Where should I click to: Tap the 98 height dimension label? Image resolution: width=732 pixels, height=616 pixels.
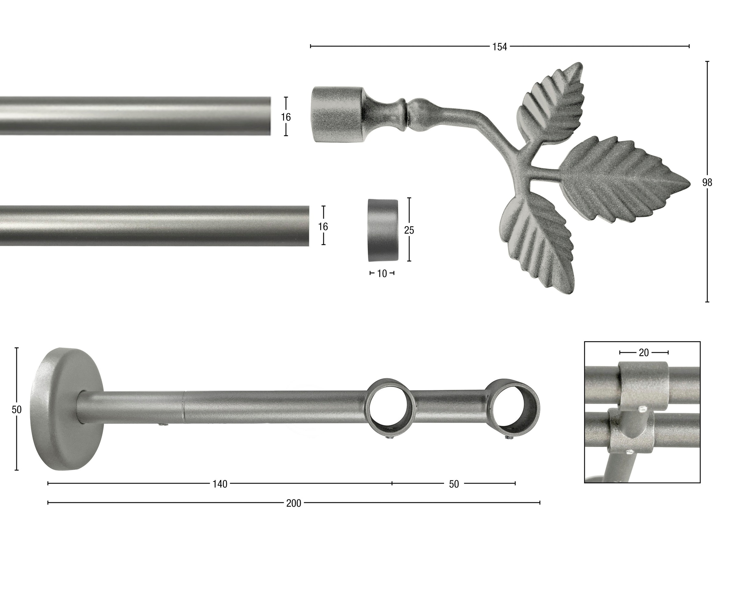pyautogui.click(x=707, y=183)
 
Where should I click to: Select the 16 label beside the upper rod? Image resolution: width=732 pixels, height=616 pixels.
pyautogui.click(x=286, y=117)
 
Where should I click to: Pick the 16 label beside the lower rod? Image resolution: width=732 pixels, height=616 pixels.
pyautogui.click(x=323, y=227)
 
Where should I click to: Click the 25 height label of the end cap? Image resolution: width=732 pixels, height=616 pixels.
pyautogui.click(x=409, y=230)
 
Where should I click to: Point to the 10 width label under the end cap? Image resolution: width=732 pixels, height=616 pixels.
pyautogui.click(x=382, y=274)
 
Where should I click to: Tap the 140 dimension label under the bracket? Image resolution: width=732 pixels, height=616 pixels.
pyautogui.click(x=220, y=484)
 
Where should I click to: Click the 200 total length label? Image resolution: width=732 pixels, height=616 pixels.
pyautogui.click(x=293, y=503)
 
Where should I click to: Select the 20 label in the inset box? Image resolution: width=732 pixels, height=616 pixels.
pyautogui.click(x=644, y=353)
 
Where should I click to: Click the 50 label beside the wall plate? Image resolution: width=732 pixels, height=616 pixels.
pyautogui.click(x=16, y=410)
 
